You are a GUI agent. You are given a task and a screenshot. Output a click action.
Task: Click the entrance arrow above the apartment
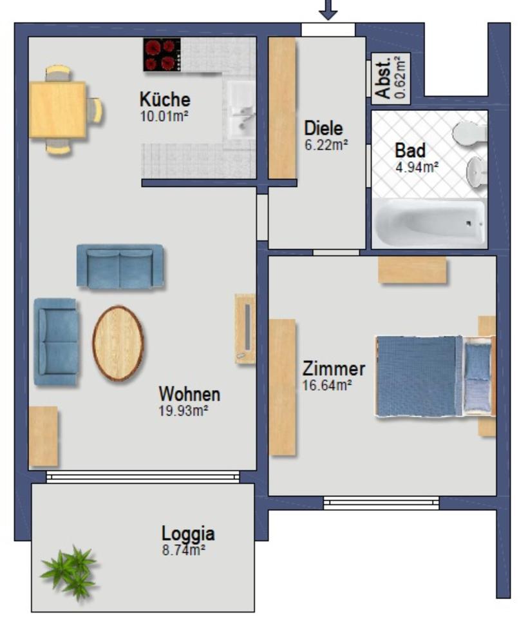click(x=328, y=9)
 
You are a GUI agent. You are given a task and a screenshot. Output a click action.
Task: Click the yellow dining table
click(x=57, y=110)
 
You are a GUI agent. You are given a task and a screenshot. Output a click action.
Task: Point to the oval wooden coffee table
click(x=118, y=344)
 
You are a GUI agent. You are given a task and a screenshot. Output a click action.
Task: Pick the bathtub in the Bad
click(x=429, y=223)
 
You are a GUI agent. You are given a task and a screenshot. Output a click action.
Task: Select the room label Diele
click(x=324, y=128)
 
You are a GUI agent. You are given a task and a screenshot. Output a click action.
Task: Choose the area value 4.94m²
click(x=417, y=167)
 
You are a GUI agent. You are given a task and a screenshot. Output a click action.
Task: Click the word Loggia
click(x=188, y=534)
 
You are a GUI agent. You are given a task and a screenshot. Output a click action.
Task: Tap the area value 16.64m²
click(x=327, y=385)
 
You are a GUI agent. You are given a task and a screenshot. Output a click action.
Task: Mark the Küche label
click(x=165, y=100)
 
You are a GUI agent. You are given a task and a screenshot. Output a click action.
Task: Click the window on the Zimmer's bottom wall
click(x=381, y=503)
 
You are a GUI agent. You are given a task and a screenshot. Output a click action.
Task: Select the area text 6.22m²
click(x=326, y=144)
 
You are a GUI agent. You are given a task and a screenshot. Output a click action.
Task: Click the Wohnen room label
click(x=189, y=393)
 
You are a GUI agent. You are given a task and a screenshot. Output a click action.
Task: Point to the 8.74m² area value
click(x=184, y=549)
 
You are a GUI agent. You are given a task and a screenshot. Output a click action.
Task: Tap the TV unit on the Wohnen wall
click(x=245, y=329)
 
